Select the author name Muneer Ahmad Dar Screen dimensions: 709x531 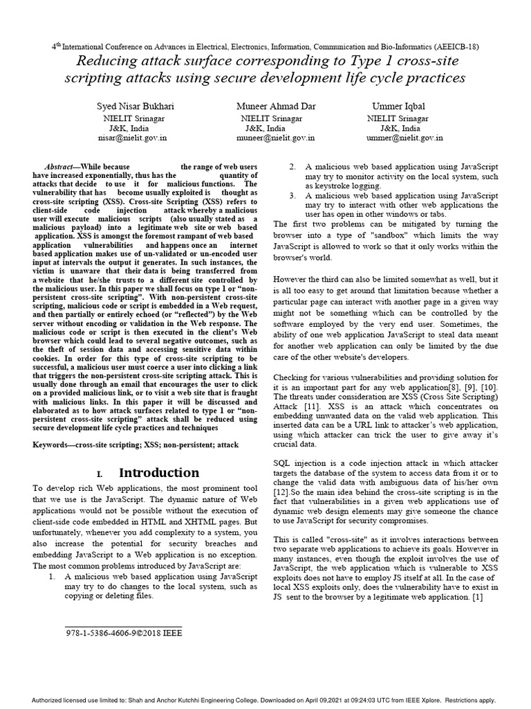pyautogui.click(x=266, y=107)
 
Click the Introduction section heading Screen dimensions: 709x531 pyautogui.click(x=159, y=473)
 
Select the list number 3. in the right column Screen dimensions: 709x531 pyautogui.click(x=292, y=196)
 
